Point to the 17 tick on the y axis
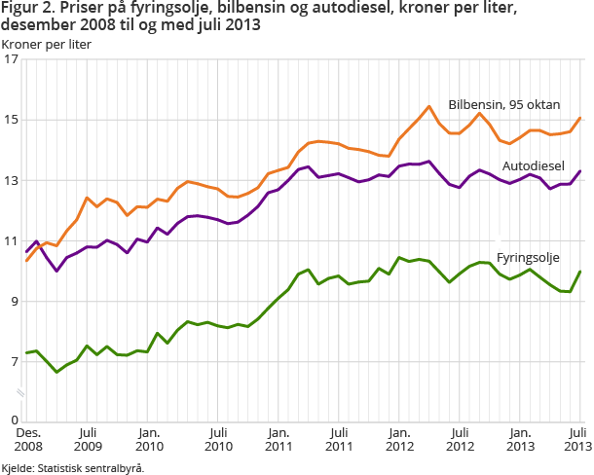(12, 60)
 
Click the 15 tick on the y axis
(12, 121)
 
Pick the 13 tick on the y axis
(12, 181)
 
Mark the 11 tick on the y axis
(12, 241)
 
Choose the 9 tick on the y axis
(14, 302)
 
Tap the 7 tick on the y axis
(14, 362)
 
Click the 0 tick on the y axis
(14, 420)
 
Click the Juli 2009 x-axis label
(87, 438)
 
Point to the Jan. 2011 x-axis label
(278, 438)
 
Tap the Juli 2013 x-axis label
(576, 438)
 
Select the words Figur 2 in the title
(26, 9)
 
